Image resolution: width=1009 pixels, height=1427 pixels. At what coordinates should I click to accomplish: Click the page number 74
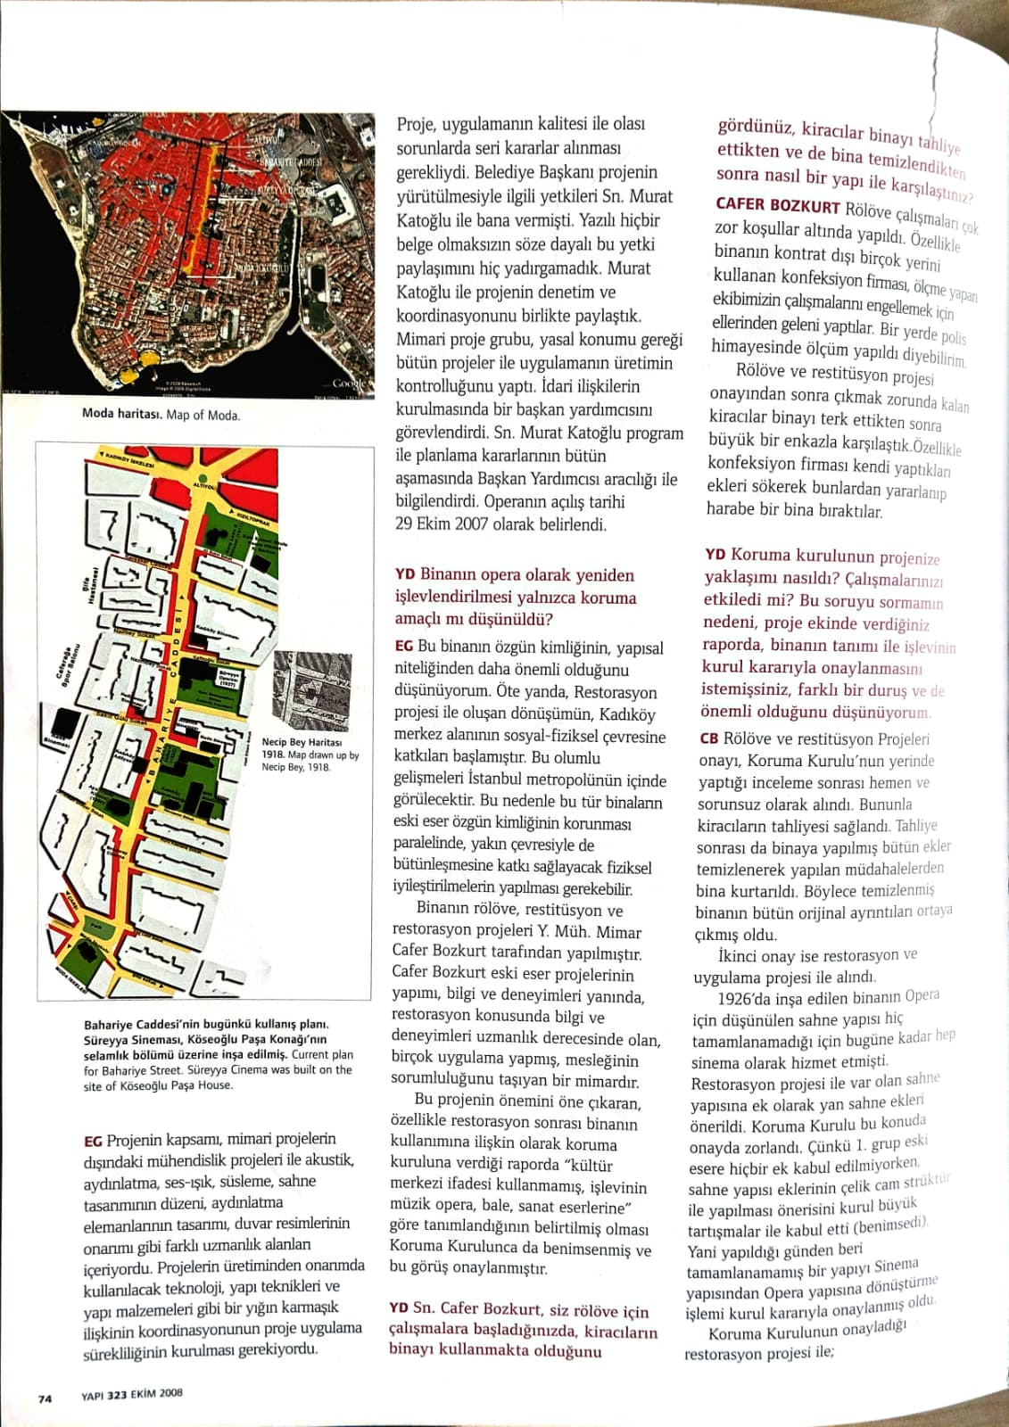coord(45,1398)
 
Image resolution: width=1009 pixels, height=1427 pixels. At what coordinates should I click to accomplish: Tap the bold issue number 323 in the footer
coord(117,1395)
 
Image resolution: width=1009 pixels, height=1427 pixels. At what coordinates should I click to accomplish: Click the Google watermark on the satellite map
coord(349,383)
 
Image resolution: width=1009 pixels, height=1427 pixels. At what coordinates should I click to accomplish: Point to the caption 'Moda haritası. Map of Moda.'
coord(161,414)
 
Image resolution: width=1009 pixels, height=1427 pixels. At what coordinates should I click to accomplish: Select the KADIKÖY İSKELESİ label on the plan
coord(130,460)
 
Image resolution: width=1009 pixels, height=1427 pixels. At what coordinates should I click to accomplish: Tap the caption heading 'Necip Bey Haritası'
coord(302,742)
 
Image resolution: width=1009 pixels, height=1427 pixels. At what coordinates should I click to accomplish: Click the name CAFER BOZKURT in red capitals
coord(777,206)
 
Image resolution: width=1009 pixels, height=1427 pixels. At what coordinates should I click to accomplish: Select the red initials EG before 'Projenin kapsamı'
coord(93,1141)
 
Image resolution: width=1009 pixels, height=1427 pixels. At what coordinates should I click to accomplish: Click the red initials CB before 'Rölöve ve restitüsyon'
coord(709,738)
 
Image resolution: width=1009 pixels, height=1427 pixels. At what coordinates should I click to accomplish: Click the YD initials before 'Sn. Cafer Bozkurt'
coord(399,1307)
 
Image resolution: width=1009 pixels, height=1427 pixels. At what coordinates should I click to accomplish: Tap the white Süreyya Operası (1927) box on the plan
coord(229,679)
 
